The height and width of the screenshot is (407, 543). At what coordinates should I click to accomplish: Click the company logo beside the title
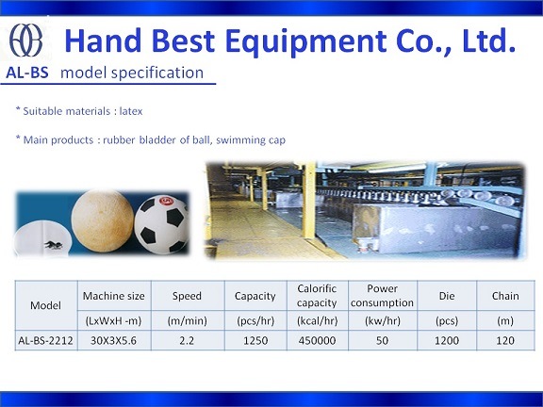(x=26, y=41)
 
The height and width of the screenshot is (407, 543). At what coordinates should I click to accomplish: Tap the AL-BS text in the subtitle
(x=27, y=73)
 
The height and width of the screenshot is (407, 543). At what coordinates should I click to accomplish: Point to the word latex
(x=131, y=111)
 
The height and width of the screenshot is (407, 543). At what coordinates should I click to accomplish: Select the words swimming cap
(x=251, y=140)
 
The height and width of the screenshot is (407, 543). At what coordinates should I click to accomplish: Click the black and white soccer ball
(x=161, y=224)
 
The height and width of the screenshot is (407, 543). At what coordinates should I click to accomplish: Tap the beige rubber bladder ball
(x=103, y=220)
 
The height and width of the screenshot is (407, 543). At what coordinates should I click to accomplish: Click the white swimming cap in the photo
(x=42, y=238)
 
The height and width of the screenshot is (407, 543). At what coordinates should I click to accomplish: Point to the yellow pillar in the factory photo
(x=308, y=200)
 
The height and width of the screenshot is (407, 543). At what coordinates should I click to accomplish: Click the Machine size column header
(x=113, y=296)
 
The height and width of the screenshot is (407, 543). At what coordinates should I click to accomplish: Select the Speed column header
(x=187, y=296)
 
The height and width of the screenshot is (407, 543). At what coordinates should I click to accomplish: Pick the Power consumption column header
(x=382, y=296)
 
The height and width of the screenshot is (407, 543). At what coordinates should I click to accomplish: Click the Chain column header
(x=505, y=296)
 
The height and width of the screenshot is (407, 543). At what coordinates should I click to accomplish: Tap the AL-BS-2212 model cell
(x=45, y=340)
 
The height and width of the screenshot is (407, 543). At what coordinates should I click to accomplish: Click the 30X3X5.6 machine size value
(x=113, y=340)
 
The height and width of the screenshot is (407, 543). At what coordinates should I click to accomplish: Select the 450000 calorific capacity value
(x=317, y=340)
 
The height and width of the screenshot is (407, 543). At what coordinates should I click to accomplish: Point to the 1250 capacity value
(x=255, y=340)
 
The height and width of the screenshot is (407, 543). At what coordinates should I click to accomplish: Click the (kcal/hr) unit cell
(x=317, y=321)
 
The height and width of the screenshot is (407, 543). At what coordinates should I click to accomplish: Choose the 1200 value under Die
(x=447, y=340)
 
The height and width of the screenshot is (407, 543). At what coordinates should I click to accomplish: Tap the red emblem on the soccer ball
(x=166, y=201)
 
